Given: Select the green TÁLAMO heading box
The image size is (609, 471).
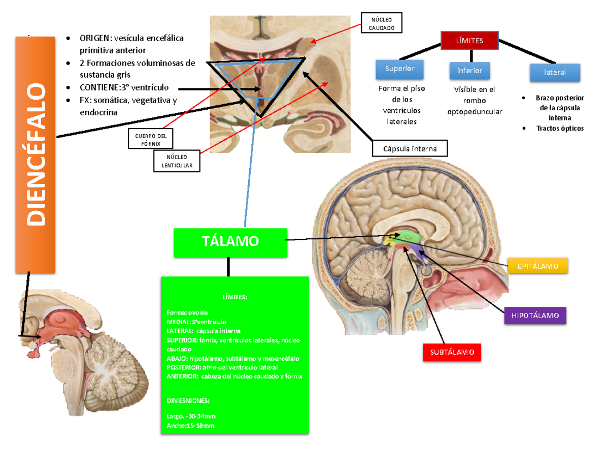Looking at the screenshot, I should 230,242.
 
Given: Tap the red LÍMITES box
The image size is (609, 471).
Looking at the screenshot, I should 469,41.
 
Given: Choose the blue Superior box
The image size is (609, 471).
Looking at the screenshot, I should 400,69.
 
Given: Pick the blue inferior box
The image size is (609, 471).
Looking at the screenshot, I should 469,71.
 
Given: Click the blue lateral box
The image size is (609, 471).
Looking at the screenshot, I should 555,72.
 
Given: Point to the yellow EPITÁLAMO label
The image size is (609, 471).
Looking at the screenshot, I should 537,266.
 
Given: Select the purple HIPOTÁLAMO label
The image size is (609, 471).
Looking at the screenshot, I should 535,316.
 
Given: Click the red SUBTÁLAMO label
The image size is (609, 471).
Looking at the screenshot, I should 452,352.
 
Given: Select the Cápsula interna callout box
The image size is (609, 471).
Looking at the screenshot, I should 410,148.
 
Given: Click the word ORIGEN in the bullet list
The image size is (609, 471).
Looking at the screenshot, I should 95,39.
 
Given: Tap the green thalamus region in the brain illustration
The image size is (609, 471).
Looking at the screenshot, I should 410,236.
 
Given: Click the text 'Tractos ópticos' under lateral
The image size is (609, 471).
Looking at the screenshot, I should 560,129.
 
